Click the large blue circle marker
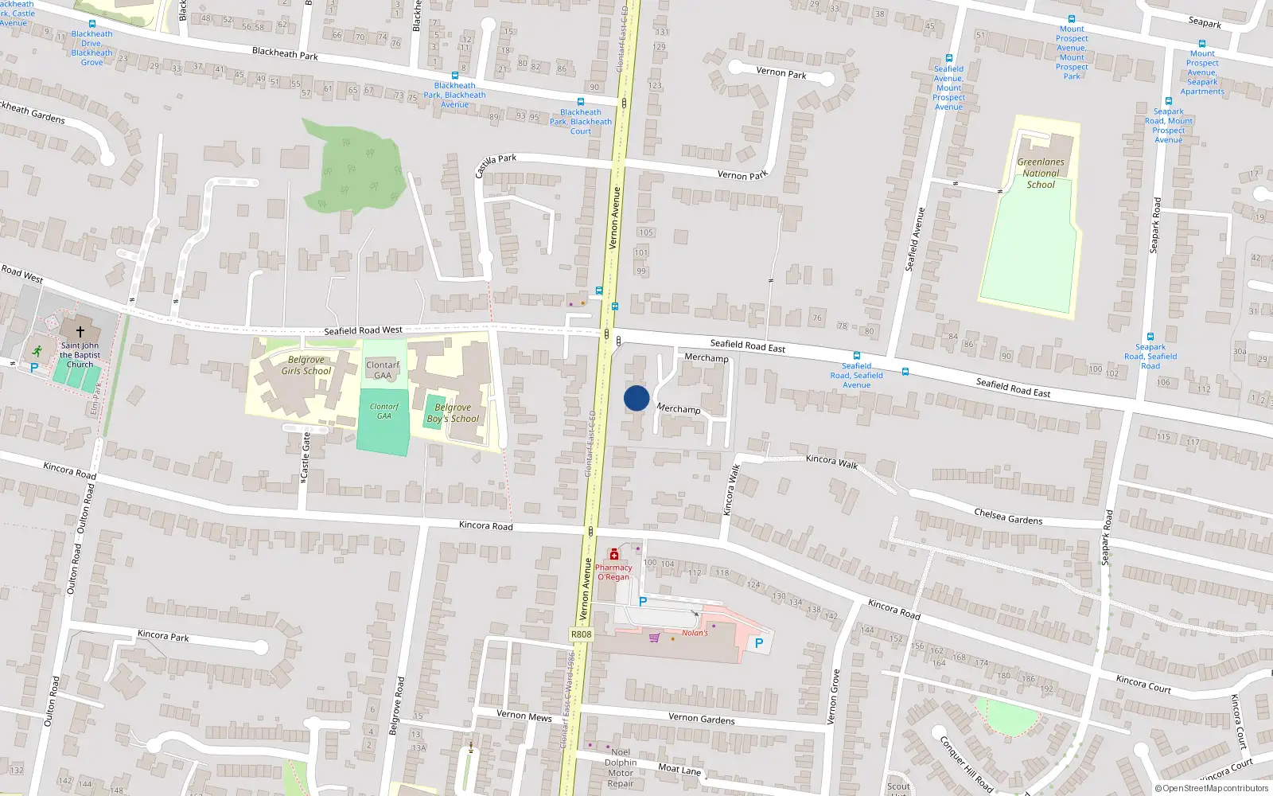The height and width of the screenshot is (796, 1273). [x=636, y=398]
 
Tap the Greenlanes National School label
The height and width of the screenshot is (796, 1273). [x=1041, y=173]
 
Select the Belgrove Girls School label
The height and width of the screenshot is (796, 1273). [x=306, y=365]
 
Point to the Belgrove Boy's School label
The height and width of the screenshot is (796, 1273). [x=453, y=413]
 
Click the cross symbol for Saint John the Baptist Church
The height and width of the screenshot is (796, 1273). [x=80, y=331]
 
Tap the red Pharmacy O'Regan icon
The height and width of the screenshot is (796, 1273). [x=613, y=554]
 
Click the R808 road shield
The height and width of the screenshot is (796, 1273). [x=582, y=634]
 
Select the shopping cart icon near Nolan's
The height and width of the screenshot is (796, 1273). [x=654, y=638]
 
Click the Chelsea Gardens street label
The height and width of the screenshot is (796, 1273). [x=1008, y=517]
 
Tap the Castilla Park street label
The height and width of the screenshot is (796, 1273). [x=495, y=165]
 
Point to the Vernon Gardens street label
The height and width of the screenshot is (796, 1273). [x=701, y=718]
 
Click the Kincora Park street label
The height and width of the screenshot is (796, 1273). [x=163, y=635]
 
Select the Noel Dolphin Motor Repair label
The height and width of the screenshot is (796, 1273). [x=621, y=767]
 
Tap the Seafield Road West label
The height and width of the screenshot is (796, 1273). [x=363, y=330]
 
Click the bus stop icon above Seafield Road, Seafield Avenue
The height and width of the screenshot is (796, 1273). [x=857, y=356]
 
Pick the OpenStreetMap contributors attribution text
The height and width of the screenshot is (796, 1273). [x=1212, y=789]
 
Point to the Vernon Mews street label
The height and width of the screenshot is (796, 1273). [x=524, y=716]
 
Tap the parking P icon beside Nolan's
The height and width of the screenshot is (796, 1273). [x=759, y=643]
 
